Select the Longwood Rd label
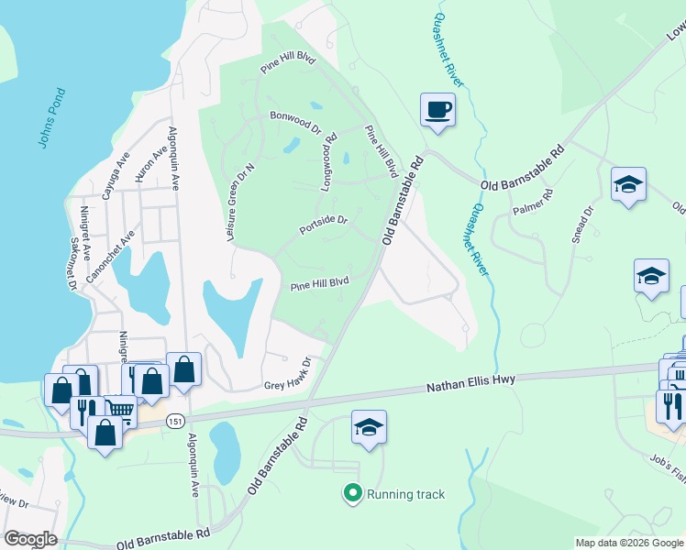327,162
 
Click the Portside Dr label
324,221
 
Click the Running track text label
405,495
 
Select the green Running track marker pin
351,495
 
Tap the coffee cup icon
437,110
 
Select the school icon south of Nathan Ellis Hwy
369,427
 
